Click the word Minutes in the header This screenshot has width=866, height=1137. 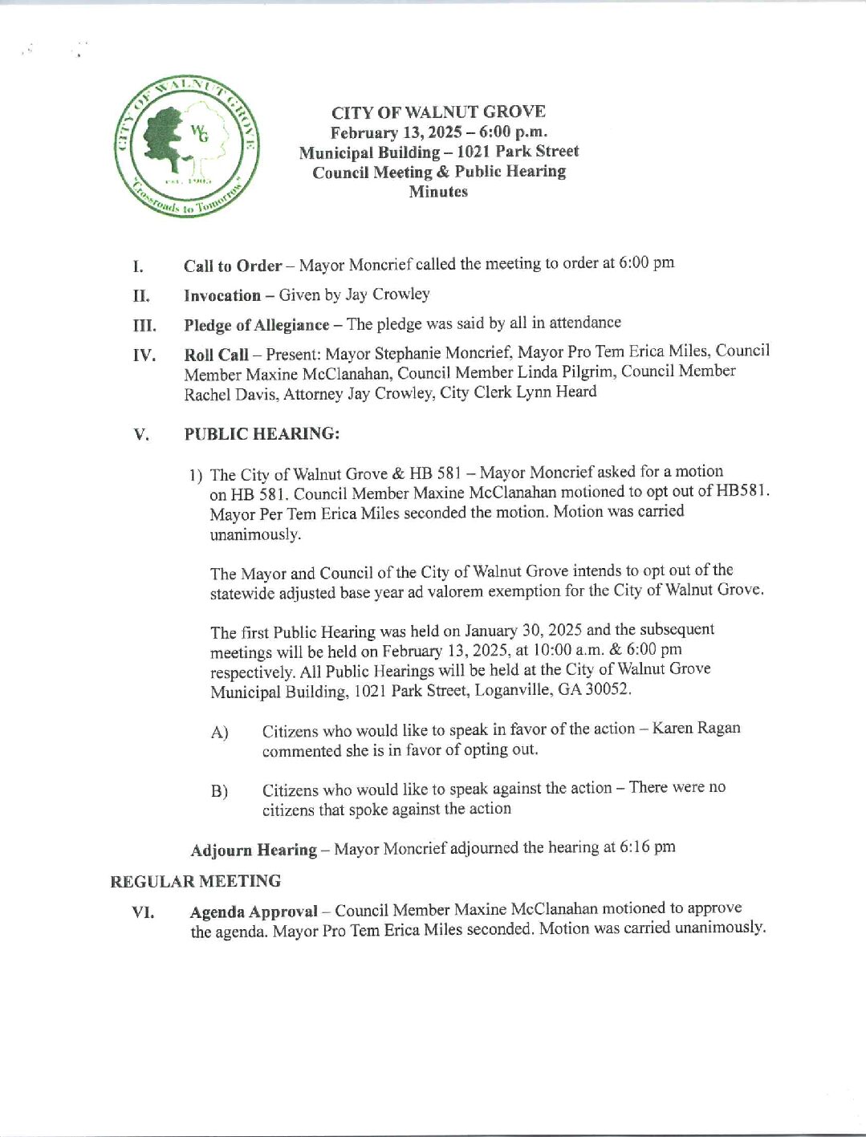(x=438, y=192)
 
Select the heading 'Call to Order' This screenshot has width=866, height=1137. (x=233, y=266)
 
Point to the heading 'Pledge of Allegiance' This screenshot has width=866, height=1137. (x=256, y=325)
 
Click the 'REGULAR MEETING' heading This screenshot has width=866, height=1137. (x=195, y=881)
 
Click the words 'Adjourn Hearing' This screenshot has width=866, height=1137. (x=253, y=850)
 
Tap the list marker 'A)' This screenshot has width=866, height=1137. (x=220, y=733)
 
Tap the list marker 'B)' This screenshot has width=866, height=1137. (x=220, y=791)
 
